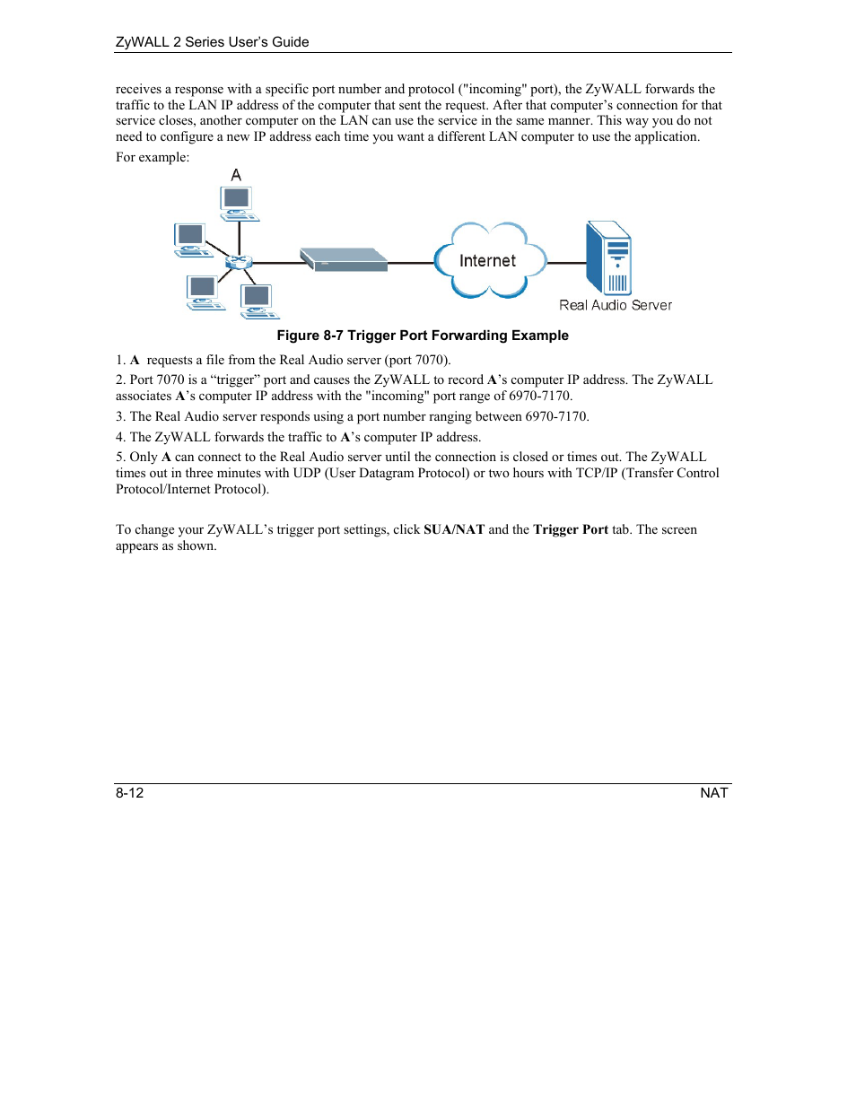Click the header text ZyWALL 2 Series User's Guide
point(212,42)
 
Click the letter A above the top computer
point(236,175)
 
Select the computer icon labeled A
point(239,204)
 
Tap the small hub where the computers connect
point(239,262)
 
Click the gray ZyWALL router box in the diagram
point(344,259)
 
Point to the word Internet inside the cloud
point(487,261)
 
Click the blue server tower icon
point(608,258)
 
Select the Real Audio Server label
point(615,305)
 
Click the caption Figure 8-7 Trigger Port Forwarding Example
point(422,336)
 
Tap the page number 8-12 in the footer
point(129,793)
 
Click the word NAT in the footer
point(713,793)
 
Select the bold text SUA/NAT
point(454,529)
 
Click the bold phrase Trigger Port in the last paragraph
point(571,529)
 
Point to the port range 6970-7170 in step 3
point(556,416)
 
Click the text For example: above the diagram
point(153,157)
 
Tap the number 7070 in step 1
point(430,360)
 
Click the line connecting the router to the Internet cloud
point(411,263)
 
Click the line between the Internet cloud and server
point(566,263)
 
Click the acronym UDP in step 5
point(307,473)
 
